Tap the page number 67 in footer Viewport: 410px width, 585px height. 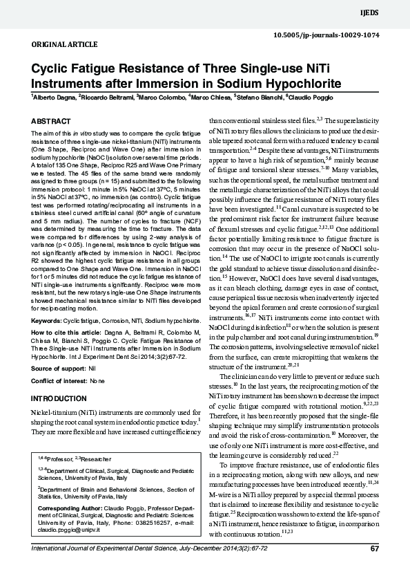coord(375,549)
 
